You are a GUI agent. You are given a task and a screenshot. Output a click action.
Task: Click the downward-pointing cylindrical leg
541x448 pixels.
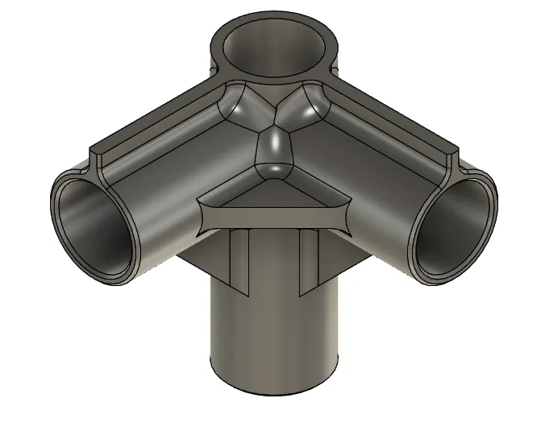click(274, 338)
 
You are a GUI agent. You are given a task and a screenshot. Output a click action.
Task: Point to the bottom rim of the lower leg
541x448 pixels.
click(274, 394)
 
